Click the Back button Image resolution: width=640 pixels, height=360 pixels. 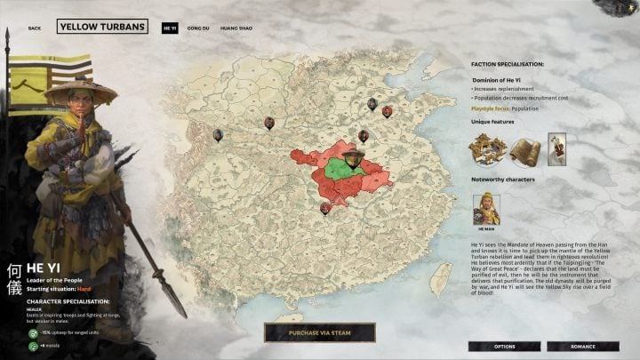pyautogui.click(x=35, y=28)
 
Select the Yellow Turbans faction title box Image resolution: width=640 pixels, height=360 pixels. pyautogui.click(x=102, y=27)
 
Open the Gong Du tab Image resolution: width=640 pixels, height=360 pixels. pyautogui.click(x=198, y=28)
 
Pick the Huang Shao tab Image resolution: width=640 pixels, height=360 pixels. pyautogui.click(x=236, y=28)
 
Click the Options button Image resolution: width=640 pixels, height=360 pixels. pyautogui.click(x=504, y=346)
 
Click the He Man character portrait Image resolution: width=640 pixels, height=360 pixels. pyautogui.click(x=486, y=209)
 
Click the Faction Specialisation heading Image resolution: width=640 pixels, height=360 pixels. pyautogui.click(x=508, y=64)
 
